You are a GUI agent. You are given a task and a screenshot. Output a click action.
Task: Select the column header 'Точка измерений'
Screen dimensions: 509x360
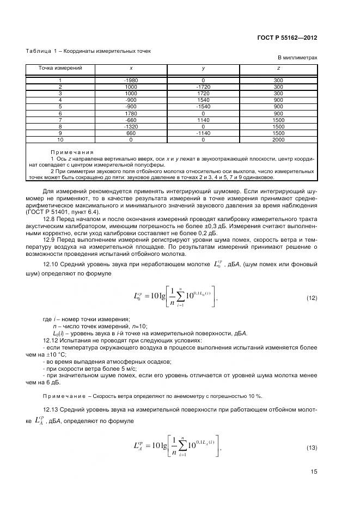click(x=60, y=68)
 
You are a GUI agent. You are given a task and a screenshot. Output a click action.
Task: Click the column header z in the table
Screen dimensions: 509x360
click(x=278, y=68)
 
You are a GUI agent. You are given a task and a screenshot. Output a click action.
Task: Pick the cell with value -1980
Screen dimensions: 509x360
click(x=131, y=81)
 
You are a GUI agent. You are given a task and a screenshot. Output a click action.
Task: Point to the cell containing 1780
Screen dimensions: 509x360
click(x=131, y=113)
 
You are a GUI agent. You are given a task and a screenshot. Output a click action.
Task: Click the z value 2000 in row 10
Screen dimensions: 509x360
click(x=278, y=139)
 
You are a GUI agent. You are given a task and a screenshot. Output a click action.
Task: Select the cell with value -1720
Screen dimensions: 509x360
click(x=203, y=87)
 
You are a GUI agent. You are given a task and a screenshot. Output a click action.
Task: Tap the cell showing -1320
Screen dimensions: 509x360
click(x=131, y=126)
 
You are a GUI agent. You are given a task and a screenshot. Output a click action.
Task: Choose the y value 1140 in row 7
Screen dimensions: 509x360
click(x=203, y=120)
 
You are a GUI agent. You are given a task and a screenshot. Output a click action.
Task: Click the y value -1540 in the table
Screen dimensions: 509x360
click(x=203, y=107)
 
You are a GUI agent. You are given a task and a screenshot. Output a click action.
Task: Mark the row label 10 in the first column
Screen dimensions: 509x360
click(x=60, y=139)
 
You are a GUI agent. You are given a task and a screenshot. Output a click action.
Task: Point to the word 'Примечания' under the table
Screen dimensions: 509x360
click(x=72, y=152)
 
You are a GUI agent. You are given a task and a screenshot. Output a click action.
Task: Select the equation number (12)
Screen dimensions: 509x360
click(x=312, y=298)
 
